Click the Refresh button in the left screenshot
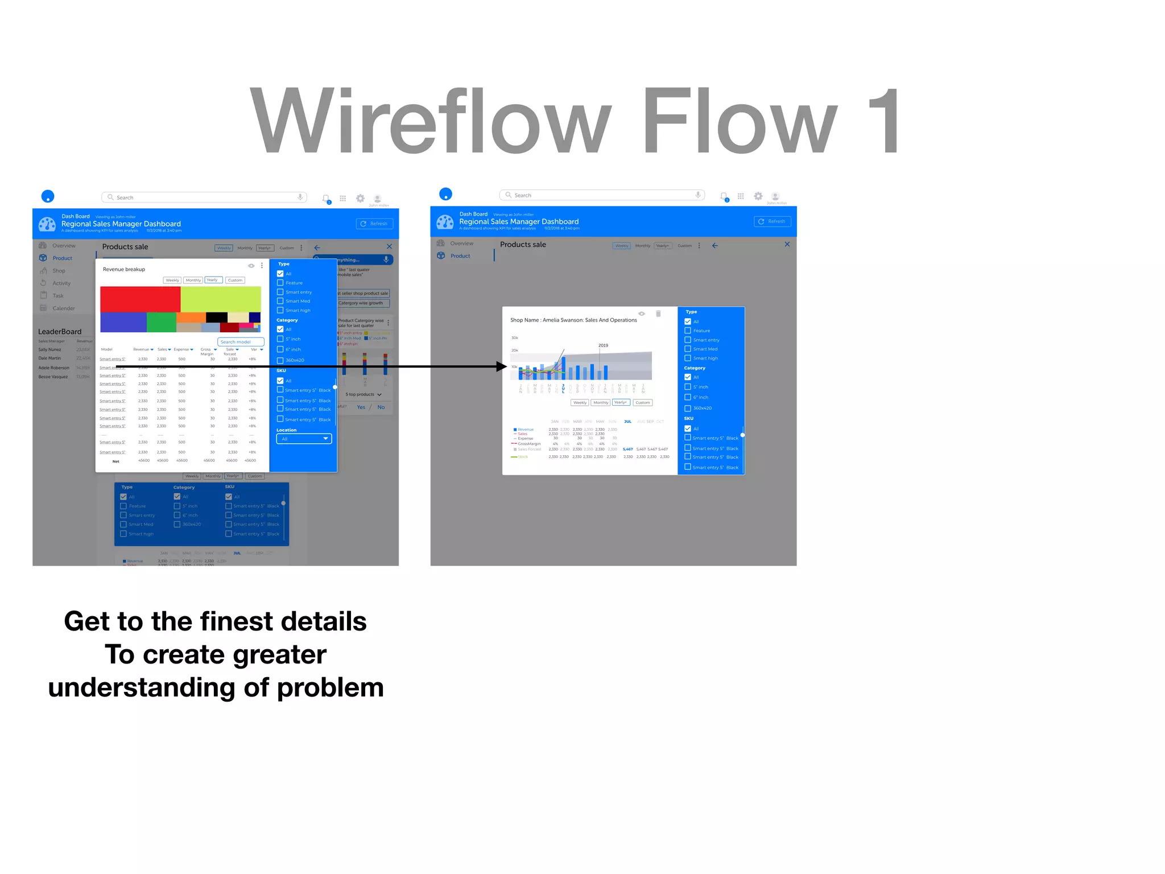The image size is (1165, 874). (374, 224)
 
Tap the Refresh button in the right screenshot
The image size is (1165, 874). (772, 221)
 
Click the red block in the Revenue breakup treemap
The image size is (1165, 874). (140, 299)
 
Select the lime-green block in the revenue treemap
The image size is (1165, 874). (221, 299)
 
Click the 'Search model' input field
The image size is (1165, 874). (241, 342)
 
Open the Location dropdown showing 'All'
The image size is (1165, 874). (304, 439)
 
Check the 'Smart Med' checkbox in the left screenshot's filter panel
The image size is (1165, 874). (280, 301)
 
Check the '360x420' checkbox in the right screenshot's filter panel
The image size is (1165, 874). (688, 408)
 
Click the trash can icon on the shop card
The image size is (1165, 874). (658, 314)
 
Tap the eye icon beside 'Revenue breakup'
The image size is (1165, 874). (251, 266)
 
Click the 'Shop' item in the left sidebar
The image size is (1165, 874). (59, 271)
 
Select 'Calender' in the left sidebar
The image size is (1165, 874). (63, 308)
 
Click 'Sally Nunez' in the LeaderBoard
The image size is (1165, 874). (49, 349)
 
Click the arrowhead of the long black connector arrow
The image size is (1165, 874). (502, 367)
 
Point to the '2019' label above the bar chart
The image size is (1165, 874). (603, 345)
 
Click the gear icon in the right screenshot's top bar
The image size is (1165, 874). (758, 196)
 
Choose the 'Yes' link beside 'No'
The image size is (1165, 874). (361, 407)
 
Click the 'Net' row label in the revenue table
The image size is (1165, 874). (116, 461)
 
